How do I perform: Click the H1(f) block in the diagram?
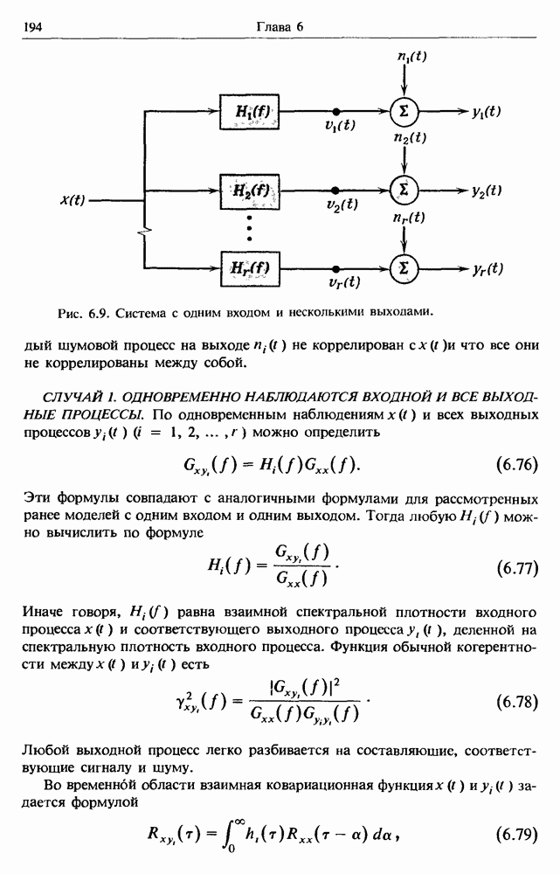tap(252, 111)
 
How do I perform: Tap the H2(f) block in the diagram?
tap(252, 189)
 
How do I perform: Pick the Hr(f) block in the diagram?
tap(252, 267)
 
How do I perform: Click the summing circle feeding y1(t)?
tap(404, 111)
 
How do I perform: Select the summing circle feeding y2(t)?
tap(404, 189)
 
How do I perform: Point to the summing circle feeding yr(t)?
tap(404, 267)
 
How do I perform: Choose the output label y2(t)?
tap(486, 190)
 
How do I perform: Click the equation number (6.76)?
tap(515, 463)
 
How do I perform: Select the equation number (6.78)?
tap(515, 701)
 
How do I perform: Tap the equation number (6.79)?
tap(515, 834)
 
